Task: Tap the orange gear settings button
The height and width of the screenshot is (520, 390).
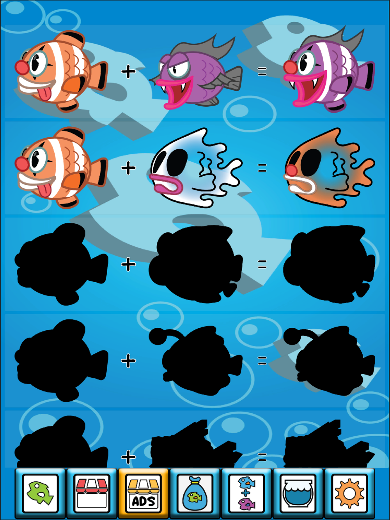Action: [350, 493]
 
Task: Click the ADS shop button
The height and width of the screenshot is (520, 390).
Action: [144, 493]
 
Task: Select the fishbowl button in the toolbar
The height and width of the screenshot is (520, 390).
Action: [298, 493]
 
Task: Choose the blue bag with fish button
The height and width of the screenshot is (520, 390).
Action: [195, 493]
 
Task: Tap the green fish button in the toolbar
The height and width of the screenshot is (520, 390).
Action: [40, 493]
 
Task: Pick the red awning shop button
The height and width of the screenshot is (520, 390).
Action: [92, 493]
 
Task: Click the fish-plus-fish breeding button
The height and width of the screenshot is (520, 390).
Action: [246, 493]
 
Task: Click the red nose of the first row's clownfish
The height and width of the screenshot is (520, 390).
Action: [22, 67]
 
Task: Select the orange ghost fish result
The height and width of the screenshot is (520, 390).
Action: [329, 168]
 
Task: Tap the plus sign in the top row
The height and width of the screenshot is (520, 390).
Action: [128, 72]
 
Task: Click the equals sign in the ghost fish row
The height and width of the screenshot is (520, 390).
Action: [262, 168]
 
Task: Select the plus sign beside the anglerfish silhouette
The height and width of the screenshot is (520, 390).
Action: [128, 361]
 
